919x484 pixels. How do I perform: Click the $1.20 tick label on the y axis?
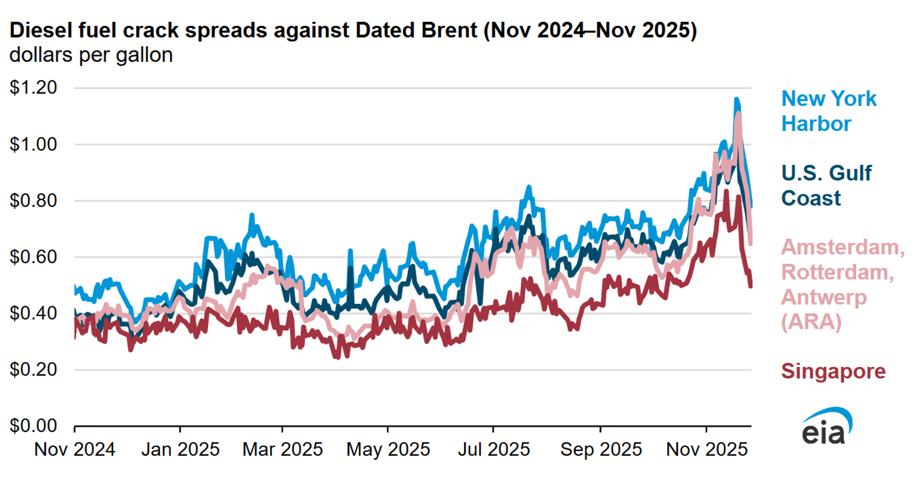pyautogui.click(x=33, y=87)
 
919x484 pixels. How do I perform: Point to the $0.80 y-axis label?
pyautogui.click(x=33, y=201)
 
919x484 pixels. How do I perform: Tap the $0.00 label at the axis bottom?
pyautogui.click(x=33, y=426)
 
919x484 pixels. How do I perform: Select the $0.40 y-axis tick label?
pyautogui.click(x=33, y=314)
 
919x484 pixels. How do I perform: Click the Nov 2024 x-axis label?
pyautogui.click(x=75, y=449)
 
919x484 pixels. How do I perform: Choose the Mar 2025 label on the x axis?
pyautogui.click(x=282, y=449)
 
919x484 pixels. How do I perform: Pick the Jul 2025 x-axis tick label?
pyautogui.click(x=494, y=449)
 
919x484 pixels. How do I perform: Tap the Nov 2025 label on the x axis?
pyautogui.click(x=706, y=449)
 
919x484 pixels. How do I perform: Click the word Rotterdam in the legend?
pyautogui.click(x=837, y=272)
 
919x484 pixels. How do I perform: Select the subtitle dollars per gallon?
pyautogui.click(x=91, y=55)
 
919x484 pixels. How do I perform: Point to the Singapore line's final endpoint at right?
pyautogui.click(x=751, y=286)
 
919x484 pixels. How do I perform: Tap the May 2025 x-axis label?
pyautogui.click(x=388, y=449)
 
